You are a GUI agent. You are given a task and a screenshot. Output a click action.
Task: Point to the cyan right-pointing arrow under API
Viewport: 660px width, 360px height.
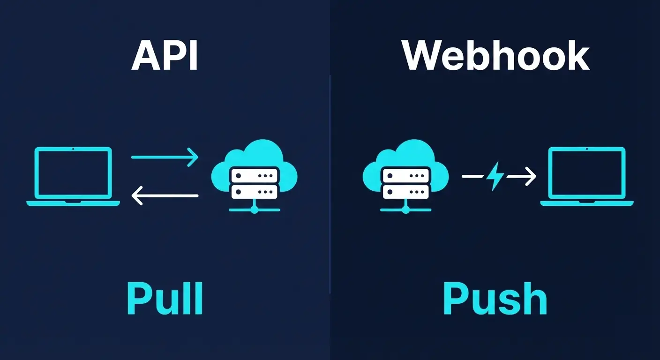[165, 157]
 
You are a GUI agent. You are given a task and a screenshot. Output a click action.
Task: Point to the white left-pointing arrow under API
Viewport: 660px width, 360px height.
[165, 195]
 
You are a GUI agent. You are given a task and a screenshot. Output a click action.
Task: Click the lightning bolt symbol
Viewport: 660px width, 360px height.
[495, 177]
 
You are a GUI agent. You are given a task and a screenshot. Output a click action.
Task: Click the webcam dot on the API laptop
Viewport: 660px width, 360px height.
[73, 149]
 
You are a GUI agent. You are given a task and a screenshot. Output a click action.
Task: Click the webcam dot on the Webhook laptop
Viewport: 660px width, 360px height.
[587, 149]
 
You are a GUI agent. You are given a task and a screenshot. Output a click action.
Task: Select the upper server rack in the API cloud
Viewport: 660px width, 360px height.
[255, 175]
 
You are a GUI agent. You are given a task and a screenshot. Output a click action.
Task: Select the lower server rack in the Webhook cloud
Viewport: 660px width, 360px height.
[406, 192]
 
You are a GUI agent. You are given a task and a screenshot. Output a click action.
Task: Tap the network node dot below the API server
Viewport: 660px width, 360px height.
[255, 210]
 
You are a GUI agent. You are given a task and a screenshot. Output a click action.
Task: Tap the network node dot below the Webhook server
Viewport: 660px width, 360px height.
[406, 210]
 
